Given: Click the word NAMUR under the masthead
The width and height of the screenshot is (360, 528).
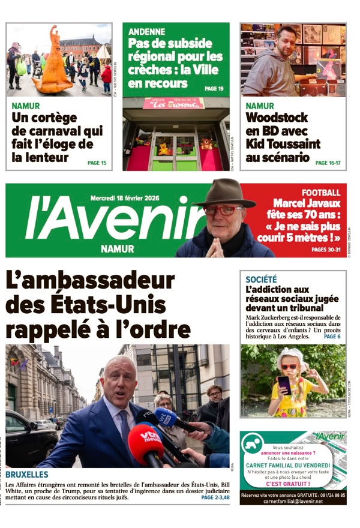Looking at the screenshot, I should pos(118,248).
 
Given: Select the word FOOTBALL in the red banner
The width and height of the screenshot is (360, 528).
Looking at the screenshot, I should pos(320,193).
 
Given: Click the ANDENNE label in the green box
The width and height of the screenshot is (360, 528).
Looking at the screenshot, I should pos(147,32).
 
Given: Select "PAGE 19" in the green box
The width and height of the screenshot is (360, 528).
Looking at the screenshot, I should pos(214,89).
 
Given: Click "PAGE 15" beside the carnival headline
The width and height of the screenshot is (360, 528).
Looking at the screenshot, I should pos(97,163).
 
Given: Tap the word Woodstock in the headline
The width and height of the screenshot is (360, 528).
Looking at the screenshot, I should pos(277,118).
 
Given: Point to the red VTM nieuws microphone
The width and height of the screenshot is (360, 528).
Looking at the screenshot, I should pos(146,442).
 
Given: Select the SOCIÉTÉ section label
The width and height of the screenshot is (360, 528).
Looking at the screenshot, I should pos(261,279).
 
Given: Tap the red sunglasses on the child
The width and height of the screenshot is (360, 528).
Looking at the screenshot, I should pos(289,367).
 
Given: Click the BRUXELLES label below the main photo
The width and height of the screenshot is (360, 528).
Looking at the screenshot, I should pos(27,475).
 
